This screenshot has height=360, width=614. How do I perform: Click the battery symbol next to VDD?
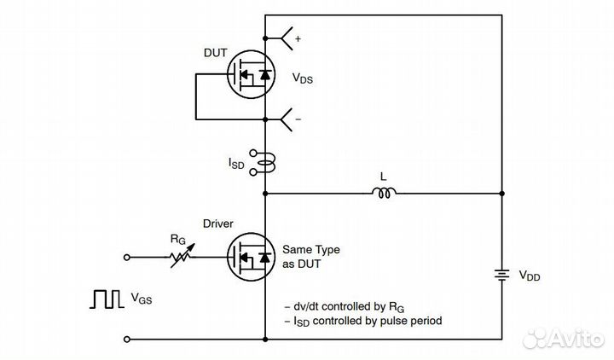tap(501, 276)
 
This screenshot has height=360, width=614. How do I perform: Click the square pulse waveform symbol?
tap(105, 299)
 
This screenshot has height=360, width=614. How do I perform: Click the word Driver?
tap(220, 224)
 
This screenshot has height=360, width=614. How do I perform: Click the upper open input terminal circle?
tap(128, 256)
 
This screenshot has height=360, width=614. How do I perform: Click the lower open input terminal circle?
tap(128, 340)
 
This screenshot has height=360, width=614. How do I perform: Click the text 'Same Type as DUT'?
tap(310, 256)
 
